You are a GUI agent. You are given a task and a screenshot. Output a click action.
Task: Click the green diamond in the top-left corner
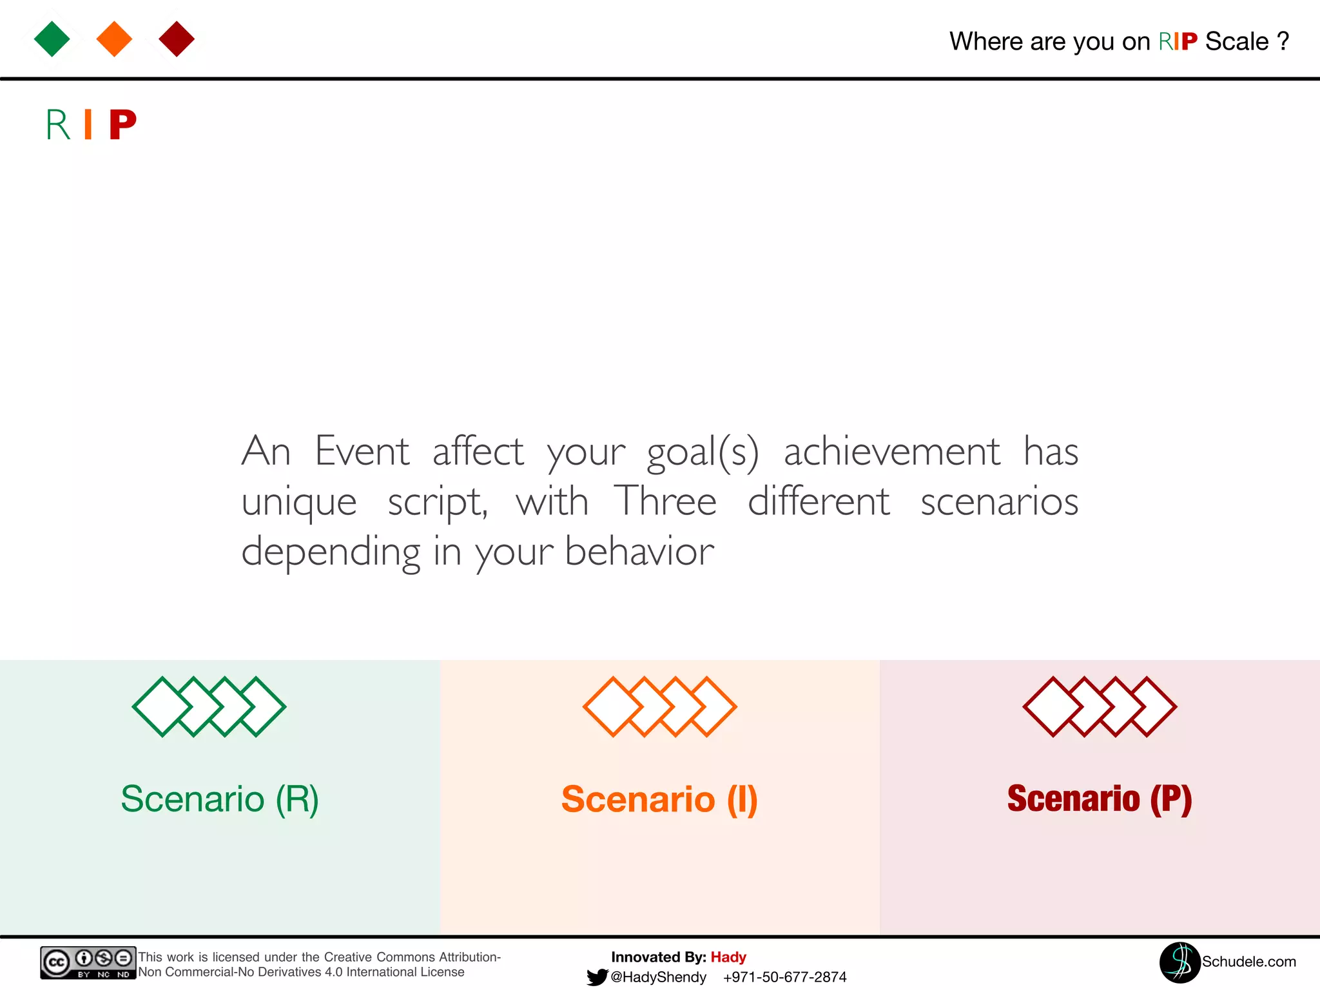point(52,39)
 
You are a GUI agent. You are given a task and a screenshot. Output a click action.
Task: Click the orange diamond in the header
point(114,39)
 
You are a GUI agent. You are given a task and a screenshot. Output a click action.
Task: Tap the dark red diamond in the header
point(177,39)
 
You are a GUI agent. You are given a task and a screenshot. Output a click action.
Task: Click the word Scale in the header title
point(1236,41)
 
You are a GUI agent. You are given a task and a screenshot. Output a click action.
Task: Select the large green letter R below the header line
point(58,124)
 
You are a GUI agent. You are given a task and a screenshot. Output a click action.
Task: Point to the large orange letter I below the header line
point(88,124)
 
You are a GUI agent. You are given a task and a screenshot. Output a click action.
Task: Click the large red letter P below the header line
point(122,124)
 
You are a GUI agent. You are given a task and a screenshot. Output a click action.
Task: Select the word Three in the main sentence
point(665,501)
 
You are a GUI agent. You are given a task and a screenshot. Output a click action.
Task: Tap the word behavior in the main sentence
point(639,551)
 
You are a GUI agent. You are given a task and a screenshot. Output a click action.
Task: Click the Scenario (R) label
point(220,799)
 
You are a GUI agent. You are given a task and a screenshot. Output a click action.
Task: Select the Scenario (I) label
point(659,799)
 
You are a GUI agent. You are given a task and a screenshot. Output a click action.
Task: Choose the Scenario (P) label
point(1100,799)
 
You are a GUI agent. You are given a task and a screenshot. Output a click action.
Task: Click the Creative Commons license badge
point(88,962)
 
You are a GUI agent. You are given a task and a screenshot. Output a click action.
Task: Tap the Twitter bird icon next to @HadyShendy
point(597,977)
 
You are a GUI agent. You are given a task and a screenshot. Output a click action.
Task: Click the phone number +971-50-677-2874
point(784,977)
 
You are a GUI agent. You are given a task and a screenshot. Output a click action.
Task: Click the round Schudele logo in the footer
point(1179,962)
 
